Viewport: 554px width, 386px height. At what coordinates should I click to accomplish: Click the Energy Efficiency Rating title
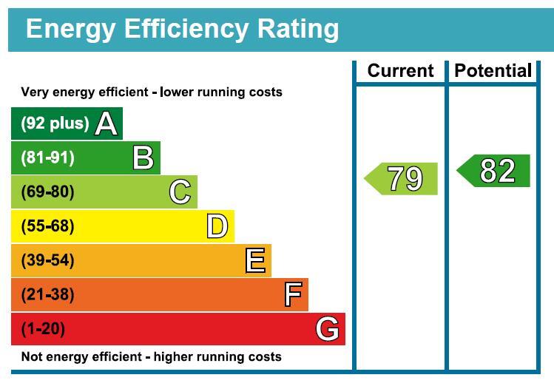click(x=182, y=30)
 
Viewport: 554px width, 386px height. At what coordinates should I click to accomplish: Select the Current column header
click(x=400, y=71)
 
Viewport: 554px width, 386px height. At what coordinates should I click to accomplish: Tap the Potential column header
click(x=493, y=71)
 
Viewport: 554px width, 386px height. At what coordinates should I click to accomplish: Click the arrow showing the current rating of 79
click(x=401, y=179)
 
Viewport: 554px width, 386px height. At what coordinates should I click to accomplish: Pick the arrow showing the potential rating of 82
click(x=493, y=171)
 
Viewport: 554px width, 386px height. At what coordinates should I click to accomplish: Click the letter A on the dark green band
click(x=106, y=123)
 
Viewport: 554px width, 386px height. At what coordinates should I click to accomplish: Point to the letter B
click(x=143, y=158)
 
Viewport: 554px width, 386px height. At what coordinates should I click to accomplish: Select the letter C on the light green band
click(x=180, y=192)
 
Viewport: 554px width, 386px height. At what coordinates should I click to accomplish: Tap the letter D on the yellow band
click(x=217, y=226)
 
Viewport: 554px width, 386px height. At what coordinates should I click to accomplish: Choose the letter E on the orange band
click(x=255, y=260)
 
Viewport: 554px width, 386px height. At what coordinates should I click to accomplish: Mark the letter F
click(x=293, y=294)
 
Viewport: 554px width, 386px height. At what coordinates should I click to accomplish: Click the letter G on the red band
click(x=328, y=329)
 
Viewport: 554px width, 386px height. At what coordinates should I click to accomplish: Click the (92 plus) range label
click(x=55, y=123)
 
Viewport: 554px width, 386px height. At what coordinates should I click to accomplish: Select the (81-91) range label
click(x=47, y=158)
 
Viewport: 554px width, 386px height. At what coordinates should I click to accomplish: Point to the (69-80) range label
click(x=47, y=192)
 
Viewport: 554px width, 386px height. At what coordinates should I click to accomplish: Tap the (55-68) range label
click(x=47, y=226)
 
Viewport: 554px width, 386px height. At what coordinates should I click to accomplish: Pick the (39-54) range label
click(x=47, y=260)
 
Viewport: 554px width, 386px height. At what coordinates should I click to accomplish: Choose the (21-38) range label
click(x=47, y=294)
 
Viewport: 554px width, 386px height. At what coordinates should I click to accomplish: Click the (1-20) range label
click(x=43, y=329)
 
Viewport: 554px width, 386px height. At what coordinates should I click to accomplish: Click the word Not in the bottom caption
click(x=30, y=356)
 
